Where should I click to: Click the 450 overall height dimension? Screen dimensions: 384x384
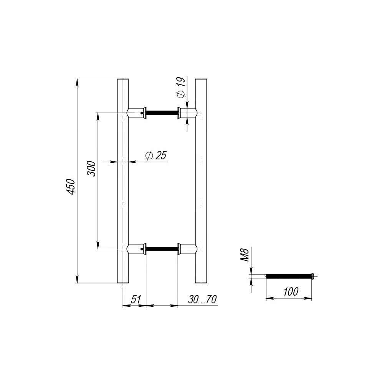71,187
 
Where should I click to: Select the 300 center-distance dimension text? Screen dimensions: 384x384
92,169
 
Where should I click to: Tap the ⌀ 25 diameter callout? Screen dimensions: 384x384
156,156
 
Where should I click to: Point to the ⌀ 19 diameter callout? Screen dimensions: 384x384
181,88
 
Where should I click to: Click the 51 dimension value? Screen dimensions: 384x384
136,299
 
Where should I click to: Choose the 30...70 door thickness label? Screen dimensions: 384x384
202,299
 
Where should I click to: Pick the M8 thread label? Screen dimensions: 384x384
245,255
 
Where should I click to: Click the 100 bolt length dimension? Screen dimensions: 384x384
291,292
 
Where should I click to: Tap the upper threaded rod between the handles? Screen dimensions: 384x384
162,113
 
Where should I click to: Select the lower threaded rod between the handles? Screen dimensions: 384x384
162,249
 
